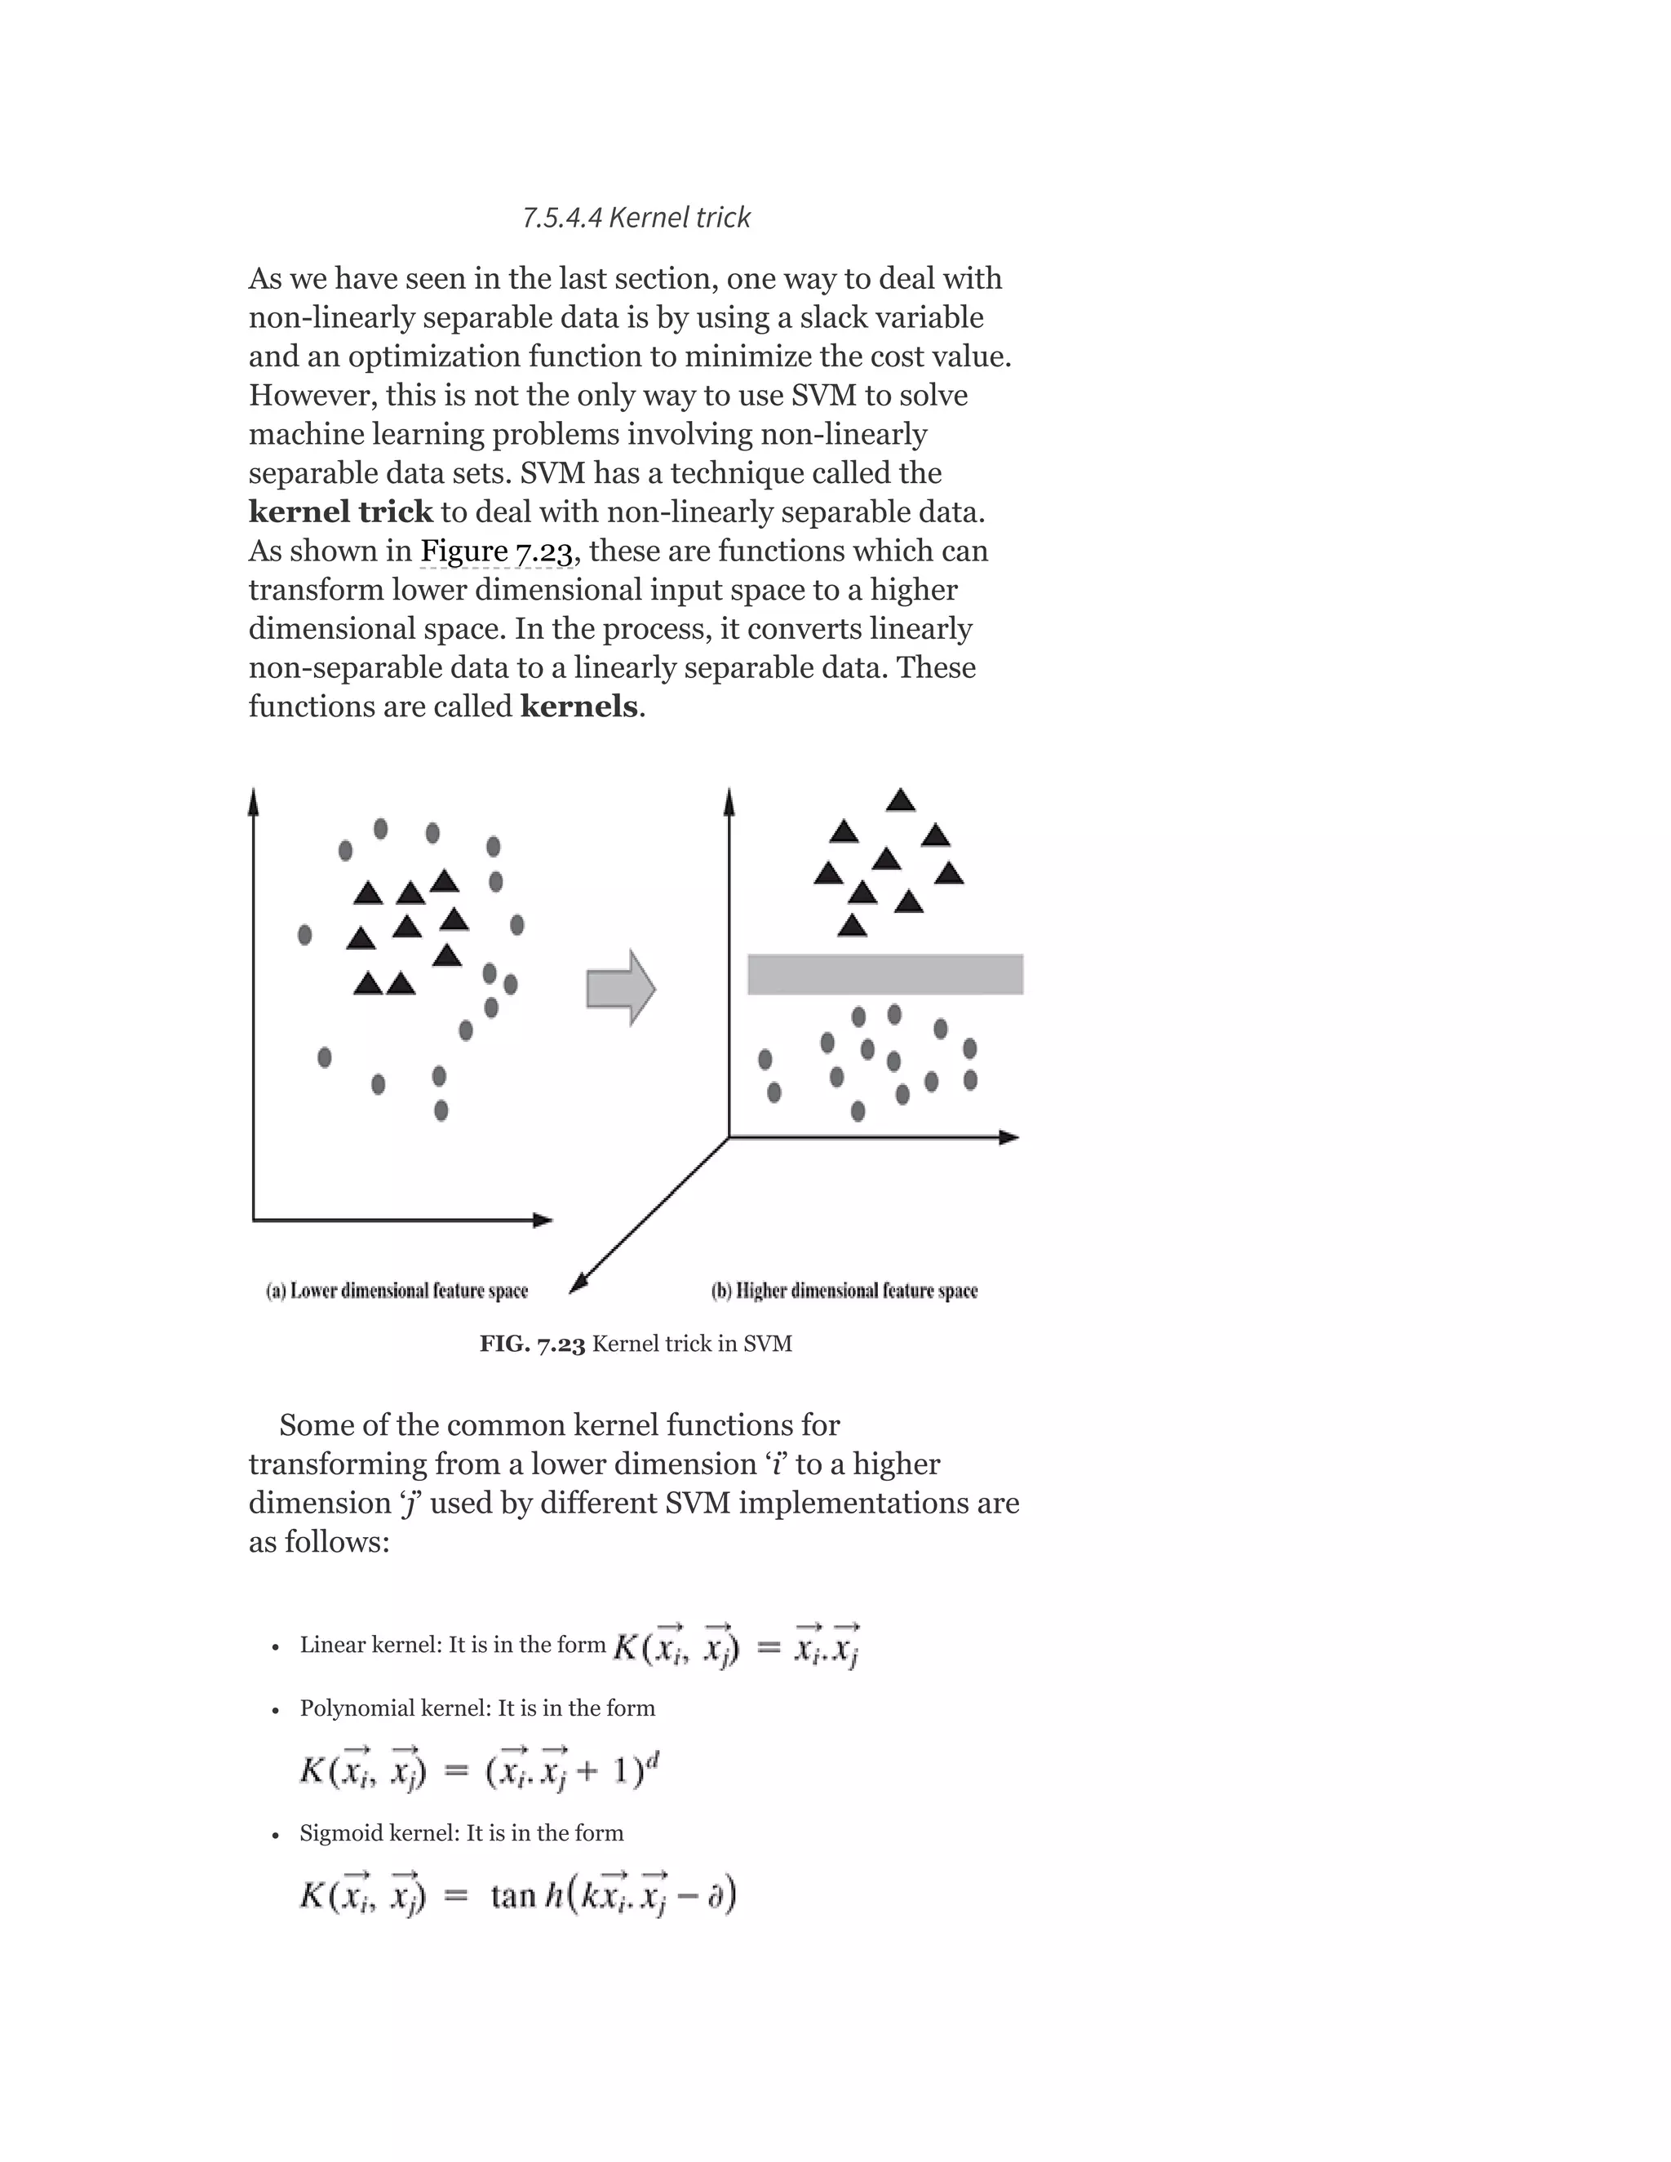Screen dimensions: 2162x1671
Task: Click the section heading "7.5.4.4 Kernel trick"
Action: [636, 217]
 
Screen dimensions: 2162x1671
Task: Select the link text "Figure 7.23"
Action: [496, 551]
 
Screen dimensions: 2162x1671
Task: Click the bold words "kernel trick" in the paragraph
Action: [340, 512]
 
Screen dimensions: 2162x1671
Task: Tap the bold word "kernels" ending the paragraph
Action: [579, 706]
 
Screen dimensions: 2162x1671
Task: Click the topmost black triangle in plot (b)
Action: [900, 800]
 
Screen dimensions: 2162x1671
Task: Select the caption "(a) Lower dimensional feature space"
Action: [397, 1291]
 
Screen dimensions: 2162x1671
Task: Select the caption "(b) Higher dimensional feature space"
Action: [844, 1291]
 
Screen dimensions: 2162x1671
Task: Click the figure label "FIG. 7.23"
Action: [533, 1345]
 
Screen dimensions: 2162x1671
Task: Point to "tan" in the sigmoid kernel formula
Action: [512, 1897]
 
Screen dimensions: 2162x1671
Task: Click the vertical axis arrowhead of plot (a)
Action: [254, 800]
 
